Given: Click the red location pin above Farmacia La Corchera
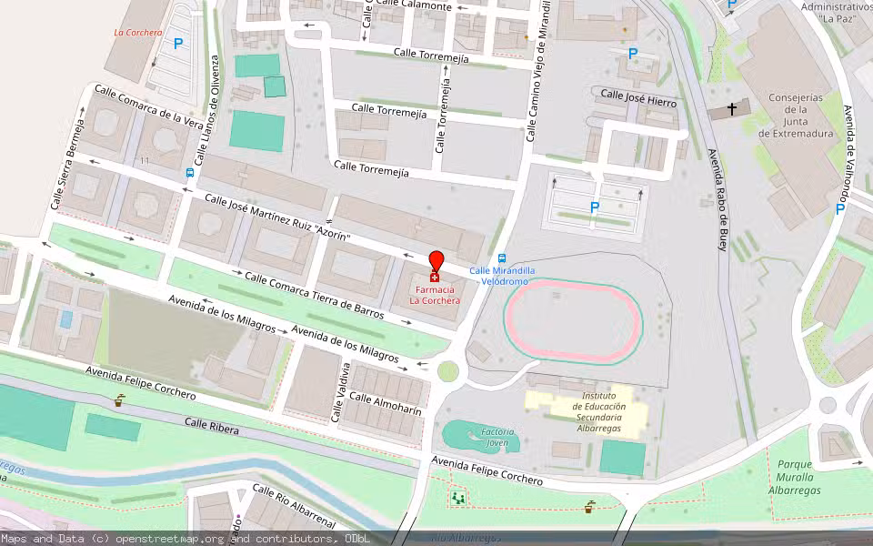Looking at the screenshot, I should pos(436,261).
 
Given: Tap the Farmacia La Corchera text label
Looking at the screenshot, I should pos(435,295).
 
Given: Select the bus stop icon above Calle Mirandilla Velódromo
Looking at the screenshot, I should pos(502,258).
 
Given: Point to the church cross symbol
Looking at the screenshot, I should pos(732,110).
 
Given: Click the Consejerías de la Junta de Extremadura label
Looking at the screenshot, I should pos(796,116).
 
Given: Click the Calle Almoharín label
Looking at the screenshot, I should pos(386,404).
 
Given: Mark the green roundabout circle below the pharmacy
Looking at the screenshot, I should pos(447,370).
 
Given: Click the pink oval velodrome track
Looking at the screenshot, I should pos(574,323).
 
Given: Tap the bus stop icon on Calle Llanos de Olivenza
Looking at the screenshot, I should pos(189,172).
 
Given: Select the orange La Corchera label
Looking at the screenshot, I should pos(137,33).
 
